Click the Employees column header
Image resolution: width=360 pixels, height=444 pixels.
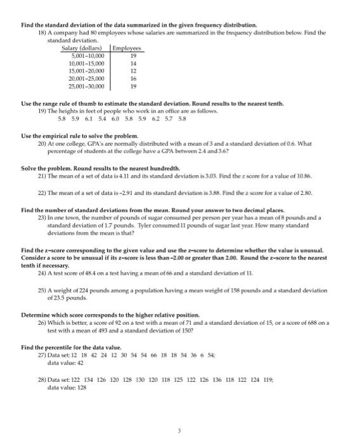click(x=128, y=48)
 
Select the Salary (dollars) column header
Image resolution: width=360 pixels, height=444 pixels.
click(x=85, y=48)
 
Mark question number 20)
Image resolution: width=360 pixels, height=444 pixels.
click(x=43, y=143)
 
